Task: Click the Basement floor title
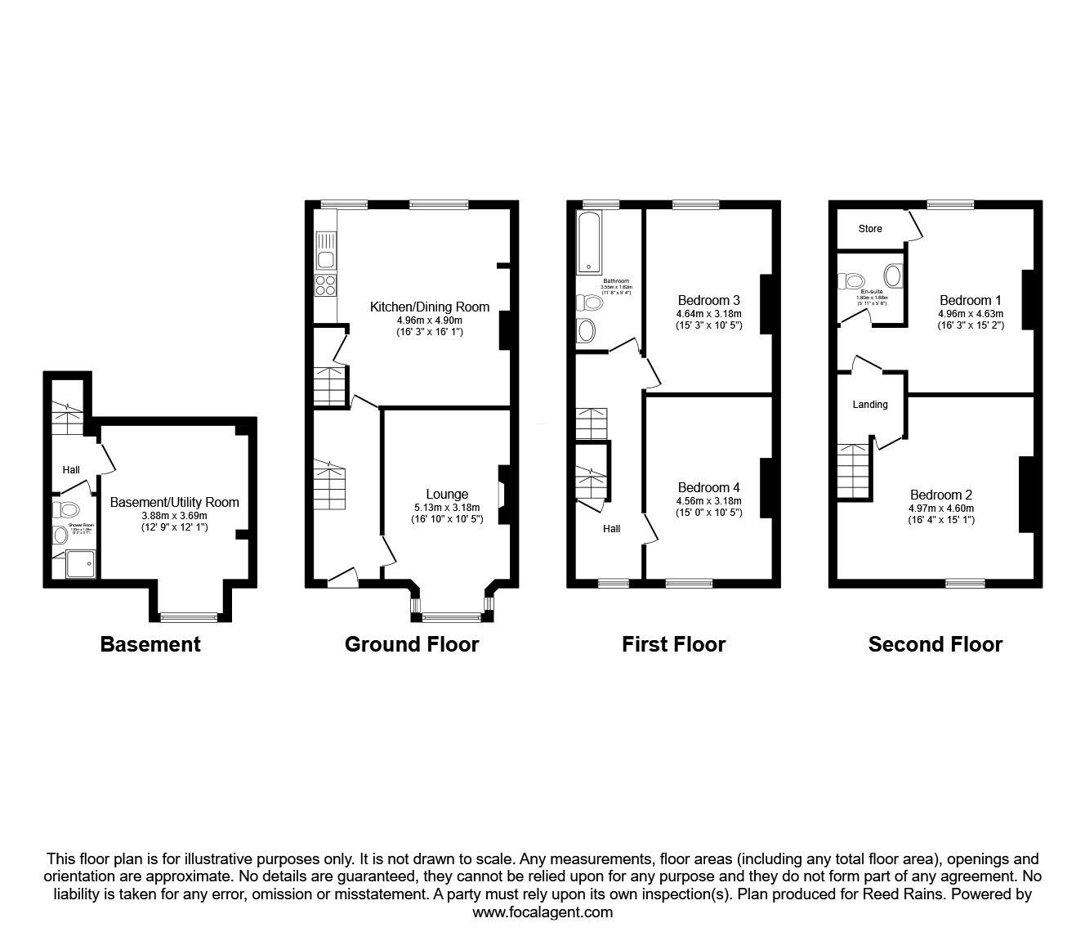tap(150, 644)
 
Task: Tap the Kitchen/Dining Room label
tap(430, 307)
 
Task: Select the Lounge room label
tap(447, 494)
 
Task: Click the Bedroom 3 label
tap(708, 299)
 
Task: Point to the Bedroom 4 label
tap(708, 487)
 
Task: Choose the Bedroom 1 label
tap(970, 299)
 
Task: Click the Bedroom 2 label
tap(941, 495)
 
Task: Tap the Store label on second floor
tap(870, 229)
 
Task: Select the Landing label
tap(869, 404)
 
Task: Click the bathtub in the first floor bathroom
tap(588, 242)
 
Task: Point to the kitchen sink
tap(326, 259)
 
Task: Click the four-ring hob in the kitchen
tap(326, 286)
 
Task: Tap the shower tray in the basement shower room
tap(79, 565)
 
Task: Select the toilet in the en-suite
tap(853, 281)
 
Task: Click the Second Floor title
tap(935, 644)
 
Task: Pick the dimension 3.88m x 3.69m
tap(174, 515)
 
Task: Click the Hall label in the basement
tap(71, 470)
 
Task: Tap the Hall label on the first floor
tap(611, 529)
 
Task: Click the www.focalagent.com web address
tap(542, 912)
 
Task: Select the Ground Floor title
tap(412, 644)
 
